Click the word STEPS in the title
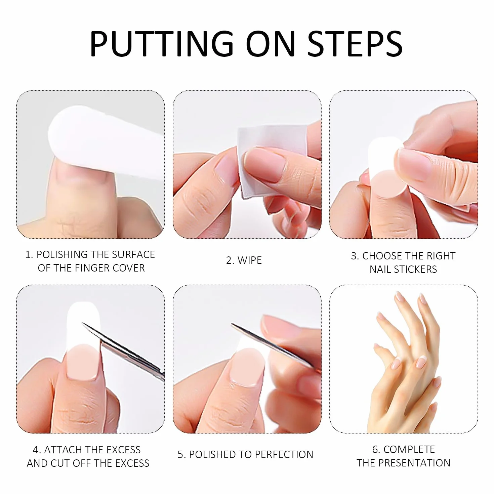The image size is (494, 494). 355,44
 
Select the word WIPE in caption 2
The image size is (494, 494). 250,260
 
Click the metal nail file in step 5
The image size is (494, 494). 272,343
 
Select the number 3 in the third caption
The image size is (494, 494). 354,256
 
